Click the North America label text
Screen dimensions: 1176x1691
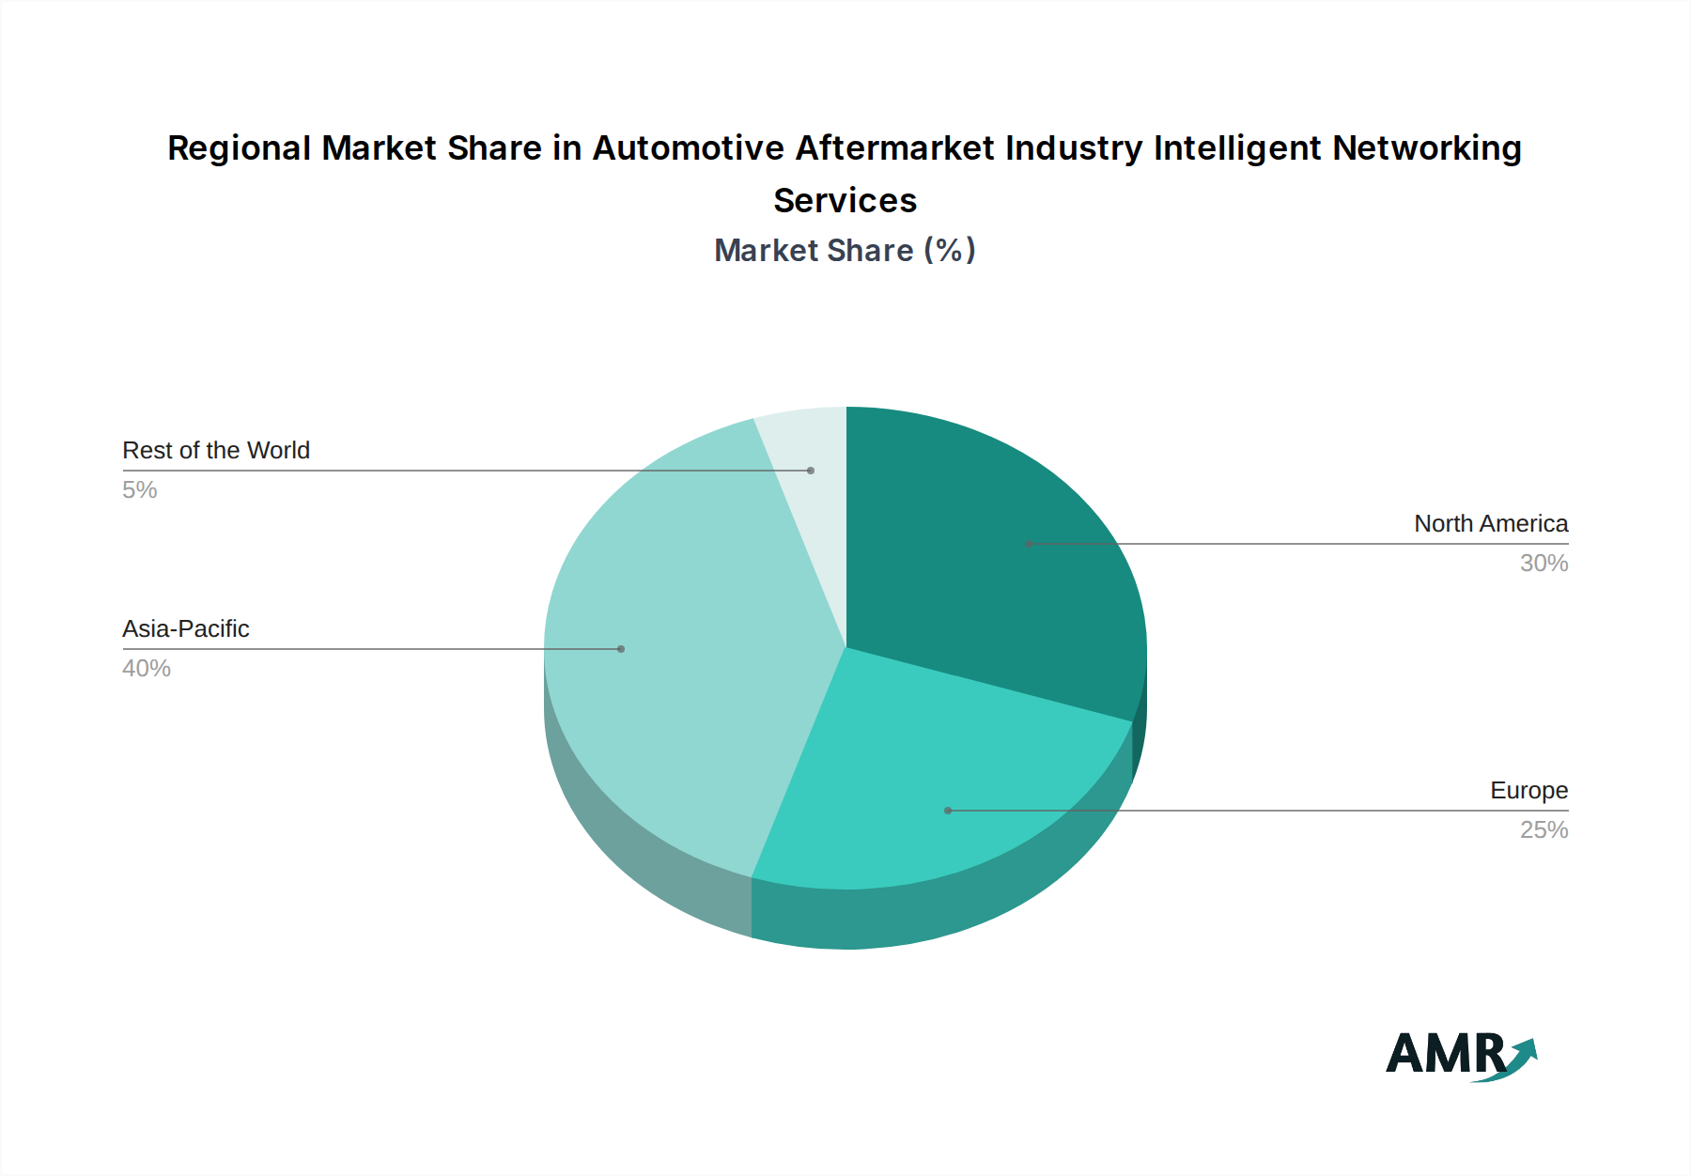pyautogui.click(x=1491, y=524)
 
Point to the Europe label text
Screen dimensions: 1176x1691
pyautogui.click(x=1528, y=791)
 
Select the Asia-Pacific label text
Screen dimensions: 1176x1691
pyautogui.click(x=186, y=629)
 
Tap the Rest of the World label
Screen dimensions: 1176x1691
pyautogui.click(x=216, y=451)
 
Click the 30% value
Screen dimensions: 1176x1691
pyautogui.click(x=1544, y=564)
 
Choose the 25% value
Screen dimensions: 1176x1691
pyautogui.click(x=1544, y=830)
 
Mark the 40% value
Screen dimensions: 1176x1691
pyautogui.click(x=147, y=669)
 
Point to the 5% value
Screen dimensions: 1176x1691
pyautogui.click(x=140, y=490)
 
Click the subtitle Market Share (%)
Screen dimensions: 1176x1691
pyautogui.click(x=845, y=251)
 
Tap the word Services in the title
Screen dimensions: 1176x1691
pyautogui.click(x=845, y=201)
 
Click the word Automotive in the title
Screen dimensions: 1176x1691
pyautogui.click(x=688, y=148)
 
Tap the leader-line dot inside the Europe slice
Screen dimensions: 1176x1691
pyautogui.click(x=948, y=811)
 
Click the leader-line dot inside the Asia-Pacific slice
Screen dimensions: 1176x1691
pyautogui.click(x=621, y=649)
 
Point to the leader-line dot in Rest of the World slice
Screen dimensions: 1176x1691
pyautogui.click(x=811, y=471)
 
